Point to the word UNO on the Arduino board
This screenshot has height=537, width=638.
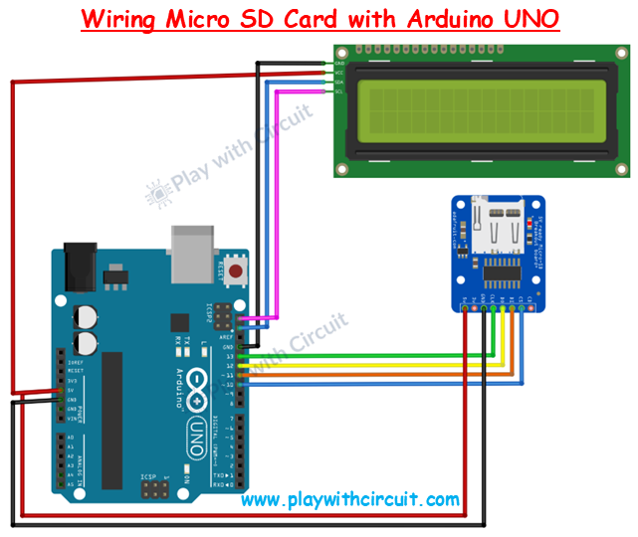(200, 428)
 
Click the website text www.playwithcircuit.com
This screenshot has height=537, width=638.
(350, 499)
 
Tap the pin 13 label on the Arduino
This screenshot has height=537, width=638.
(230, 355)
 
